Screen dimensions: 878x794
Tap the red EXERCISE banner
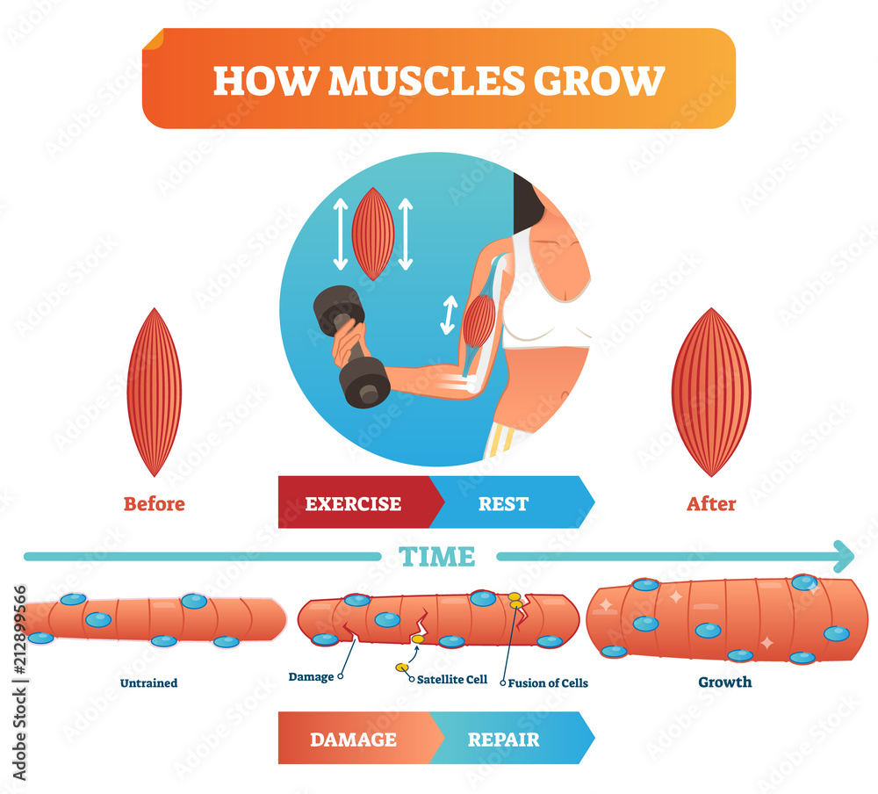tap(353, 503)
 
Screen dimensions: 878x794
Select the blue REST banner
tap(504, 503)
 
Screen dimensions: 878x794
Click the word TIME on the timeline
tap(436, 557)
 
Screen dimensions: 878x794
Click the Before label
tap(155, 504)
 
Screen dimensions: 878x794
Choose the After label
tap(711, 504)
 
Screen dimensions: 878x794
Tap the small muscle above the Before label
tap(154, 392)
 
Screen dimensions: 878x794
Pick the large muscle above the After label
tap(711, 392)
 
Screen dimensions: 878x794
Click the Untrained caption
tap(149, 682)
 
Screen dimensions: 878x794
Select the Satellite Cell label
tap(451, 678)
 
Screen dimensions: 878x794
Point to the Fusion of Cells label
tap(550, 682)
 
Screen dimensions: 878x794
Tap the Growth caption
tap(725, 682)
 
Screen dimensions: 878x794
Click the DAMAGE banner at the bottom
tap(353, 739)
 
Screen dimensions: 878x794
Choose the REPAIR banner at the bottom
tap(504, 739)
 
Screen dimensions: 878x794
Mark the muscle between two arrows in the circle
tap(373, 233)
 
